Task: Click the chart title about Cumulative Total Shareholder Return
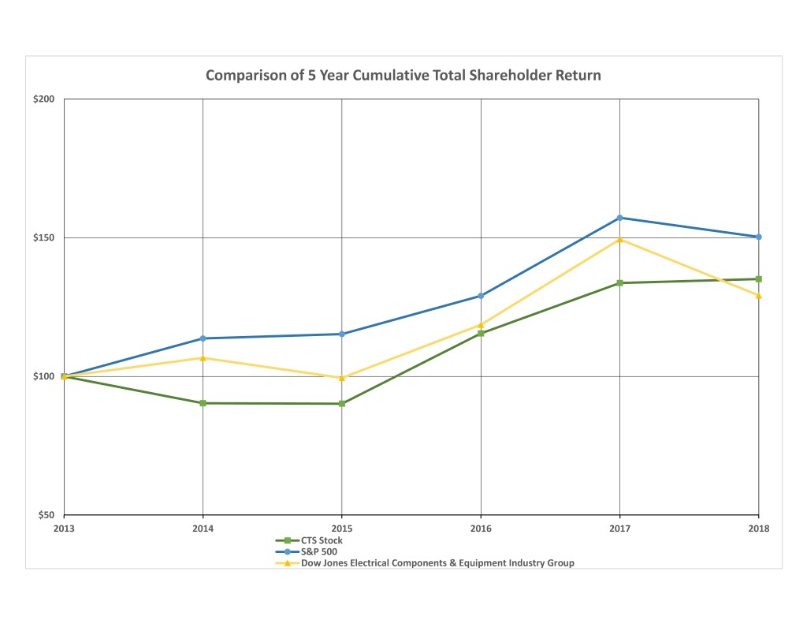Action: [x=403, y=76]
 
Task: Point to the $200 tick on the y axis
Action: [x=44, y=99]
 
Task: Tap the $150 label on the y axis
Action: [x=44, y=237]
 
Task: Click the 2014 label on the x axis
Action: [x=203, y=529]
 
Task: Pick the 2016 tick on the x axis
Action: [x=481, y=529]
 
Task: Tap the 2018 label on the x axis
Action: [x=758, y=529]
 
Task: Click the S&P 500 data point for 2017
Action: [x=619, y=218]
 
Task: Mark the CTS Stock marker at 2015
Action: [x=342, y=404]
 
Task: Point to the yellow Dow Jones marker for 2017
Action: [x=619, y=239]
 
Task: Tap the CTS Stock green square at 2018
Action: [x=758, y=278]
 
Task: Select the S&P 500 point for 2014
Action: [x=203, y=338]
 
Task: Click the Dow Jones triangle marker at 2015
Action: [x=342, y=378]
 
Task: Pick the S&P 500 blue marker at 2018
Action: [x=758, y=237]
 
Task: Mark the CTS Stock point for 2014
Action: [x=203, y=403]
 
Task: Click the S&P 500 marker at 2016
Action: [x=481, y=296]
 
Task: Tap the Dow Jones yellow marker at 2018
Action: [x=758, y=296]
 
